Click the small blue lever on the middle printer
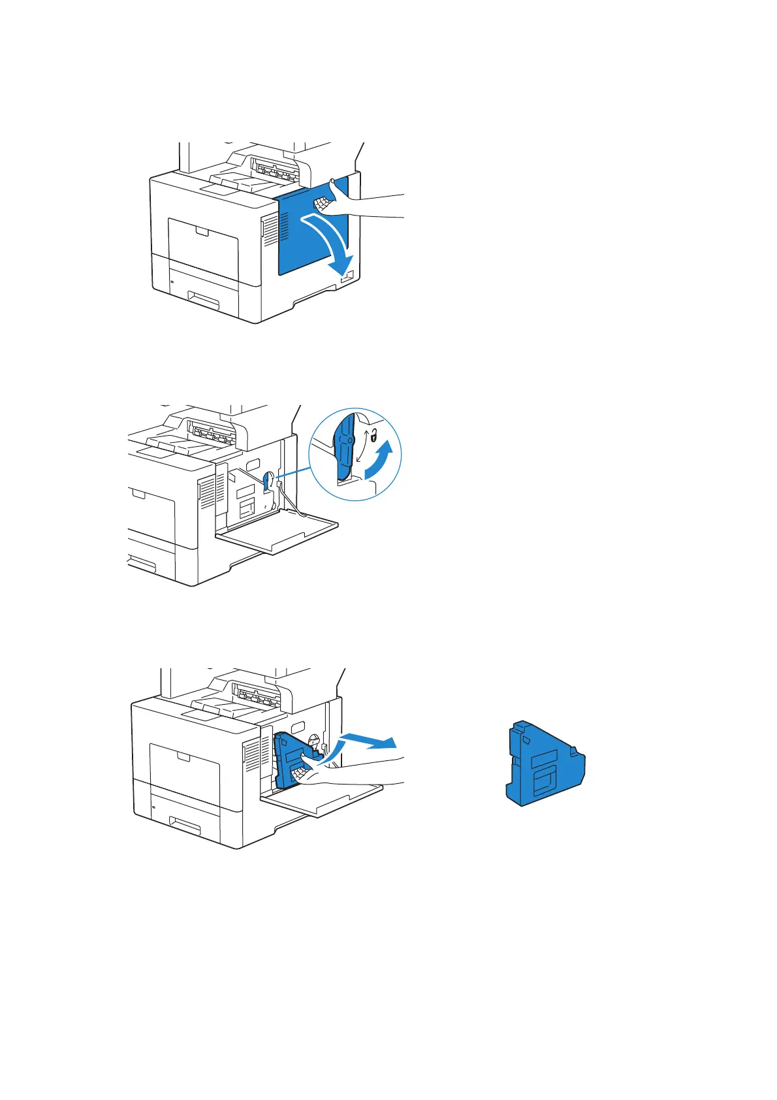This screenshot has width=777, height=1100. tap(267, 482)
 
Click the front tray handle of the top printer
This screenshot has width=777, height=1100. tap(210, 300)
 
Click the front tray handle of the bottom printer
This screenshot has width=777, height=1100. tap(185, 826)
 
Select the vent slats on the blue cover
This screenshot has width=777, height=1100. tap(285, 225)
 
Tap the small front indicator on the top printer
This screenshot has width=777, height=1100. tap(172, 282)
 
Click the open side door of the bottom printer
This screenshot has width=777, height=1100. tap(326, 800)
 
